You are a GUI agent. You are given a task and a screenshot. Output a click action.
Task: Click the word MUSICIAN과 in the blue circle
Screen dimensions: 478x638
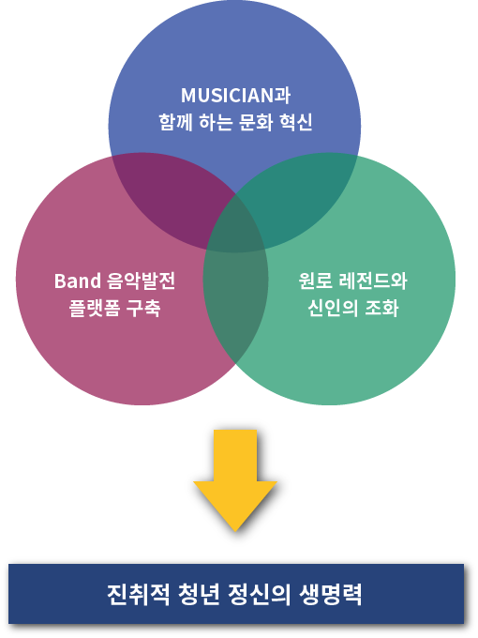pyautogui.click(x=235, y=95)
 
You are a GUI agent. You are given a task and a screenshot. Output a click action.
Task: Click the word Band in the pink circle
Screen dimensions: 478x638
pyautogui.click(x=78, y=281)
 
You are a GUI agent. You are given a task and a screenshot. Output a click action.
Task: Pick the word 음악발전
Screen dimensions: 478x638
pyautogui.click(x=141, y=281)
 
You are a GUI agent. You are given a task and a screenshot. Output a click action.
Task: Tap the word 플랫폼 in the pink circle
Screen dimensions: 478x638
pyautogui.click(x=95, y=308)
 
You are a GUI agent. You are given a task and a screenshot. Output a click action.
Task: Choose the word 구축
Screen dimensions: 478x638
pyautogui.click(x=143, y=308)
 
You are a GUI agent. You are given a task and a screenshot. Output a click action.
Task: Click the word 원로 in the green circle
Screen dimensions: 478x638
pyautogui.click(x=315, y=281)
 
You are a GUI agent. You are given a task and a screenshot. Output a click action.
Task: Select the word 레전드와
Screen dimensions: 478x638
pyautogui.click(x=373, y=281)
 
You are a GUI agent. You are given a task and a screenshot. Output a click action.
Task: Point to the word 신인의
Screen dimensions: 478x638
pyautogui.click(x=333, y=308)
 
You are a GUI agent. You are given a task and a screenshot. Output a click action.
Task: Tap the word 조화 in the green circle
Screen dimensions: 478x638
pyautogui.click(x=381, y=308)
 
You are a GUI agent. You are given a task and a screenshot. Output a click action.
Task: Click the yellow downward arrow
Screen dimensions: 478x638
pyautogui.click(x=235, y=480)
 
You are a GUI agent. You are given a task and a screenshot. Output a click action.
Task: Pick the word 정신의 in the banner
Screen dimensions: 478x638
pyautogui.click(x=260, y=595)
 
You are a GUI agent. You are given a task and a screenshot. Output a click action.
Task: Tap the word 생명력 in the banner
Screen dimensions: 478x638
pyautogui.click(x=330, y=595)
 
